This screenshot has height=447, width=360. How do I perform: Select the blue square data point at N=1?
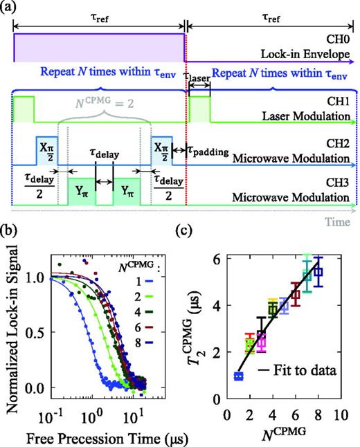[239, 376]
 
